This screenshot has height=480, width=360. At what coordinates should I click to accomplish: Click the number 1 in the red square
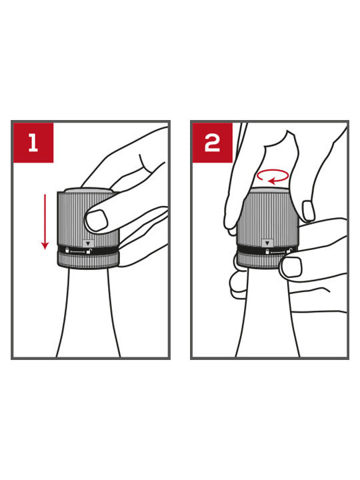[32, 142]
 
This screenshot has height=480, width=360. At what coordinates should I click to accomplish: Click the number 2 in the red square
[211, 142]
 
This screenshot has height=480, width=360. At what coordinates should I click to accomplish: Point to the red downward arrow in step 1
[45, 220]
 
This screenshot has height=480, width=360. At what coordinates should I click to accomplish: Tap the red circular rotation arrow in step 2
[273, 176]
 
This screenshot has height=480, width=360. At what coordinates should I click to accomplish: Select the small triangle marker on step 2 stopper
[268, 243]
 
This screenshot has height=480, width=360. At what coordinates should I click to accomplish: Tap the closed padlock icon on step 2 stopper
[268, 251]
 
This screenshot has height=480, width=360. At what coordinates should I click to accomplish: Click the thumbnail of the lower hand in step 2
[290, 267]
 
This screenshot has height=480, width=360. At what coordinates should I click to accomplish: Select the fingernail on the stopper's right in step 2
[308, 211]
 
